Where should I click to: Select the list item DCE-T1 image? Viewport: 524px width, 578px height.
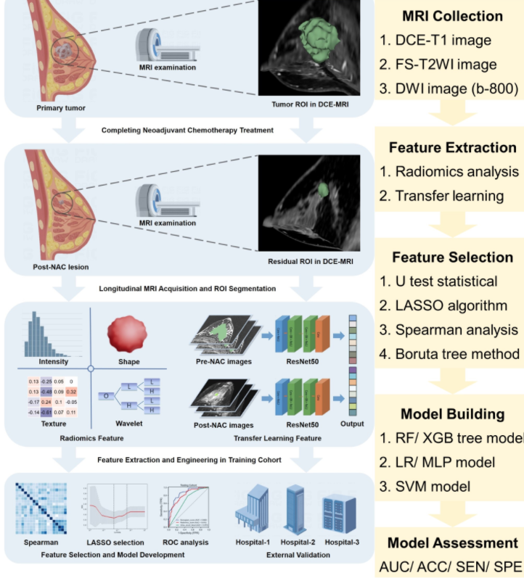pyautogui.click(x=443, y=40)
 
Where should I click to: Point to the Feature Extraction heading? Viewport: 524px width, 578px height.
pyautogui.click(x=452, y=147)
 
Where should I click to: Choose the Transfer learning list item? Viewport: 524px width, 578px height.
pyautogui.click(x=449, y=196)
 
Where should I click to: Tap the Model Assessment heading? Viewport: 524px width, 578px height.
pyautogui.click(x=452, y=542)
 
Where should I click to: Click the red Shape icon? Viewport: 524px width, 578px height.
pyautogui.click(x=127, y=335)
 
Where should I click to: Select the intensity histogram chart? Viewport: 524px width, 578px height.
pyautogui.click(x=52, y=336)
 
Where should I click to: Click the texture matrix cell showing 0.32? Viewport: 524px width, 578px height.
pyautogui.click(x=71, y=392)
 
